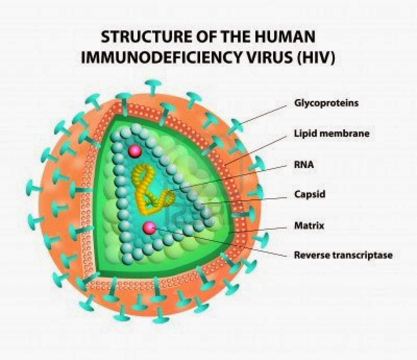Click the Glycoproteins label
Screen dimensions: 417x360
326,103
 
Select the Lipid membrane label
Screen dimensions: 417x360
332,133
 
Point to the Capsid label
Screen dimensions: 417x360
310,194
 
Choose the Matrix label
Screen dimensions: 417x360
309,225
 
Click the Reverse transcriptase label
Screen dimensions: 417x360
343,255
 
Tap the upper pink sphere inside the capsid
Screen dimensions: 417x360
135,152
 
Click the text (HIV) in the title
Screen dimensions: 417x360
316,58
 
